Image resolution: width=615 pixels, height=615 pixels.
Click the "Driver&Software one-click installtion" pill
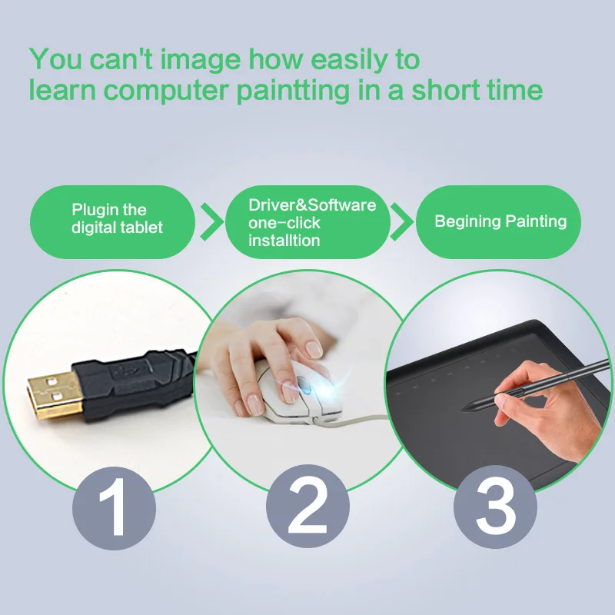(x=307, y=222)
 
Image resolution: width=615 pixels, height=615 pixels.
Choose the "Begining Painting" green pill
(x=500, y=222)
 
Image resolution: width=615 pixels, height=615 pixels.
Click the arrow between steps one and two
(x=210, y=222)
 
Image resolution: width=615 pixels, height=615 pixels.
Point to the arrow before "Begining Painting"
(x=401, y=222)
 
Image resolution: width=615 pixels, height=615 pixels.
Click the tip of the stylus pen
(x=461, y=408)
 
